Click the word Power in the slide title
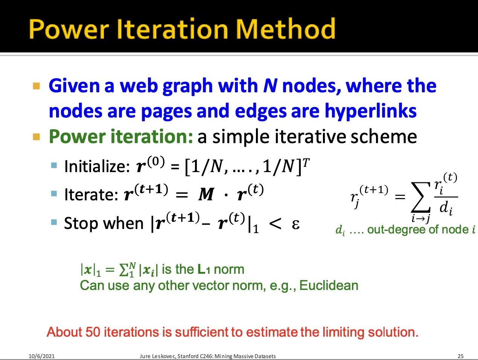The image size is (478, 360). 69,29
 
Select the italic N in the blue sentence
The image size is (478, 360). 270,85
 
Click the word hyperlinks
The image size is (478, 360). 371,111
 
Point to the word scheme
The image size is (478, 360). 384,137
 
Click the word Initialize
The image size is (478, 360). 97,166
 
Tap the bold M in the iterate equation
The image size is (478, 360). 206,194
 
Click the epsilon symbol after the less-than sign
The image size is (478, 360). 296,225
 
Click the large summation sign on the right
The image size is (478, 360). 420,197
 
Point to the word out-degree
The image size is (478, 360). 396,229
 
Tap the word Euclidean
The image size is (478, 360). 329,285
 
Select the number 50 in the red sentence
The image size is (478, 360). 93,332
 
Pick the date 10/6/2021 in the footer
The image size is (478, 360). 42,356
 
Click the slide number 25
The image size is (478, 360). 461,356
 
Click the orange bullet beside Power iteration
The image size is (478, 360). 37,137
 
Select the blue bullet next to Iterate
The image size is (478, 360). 54,194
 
